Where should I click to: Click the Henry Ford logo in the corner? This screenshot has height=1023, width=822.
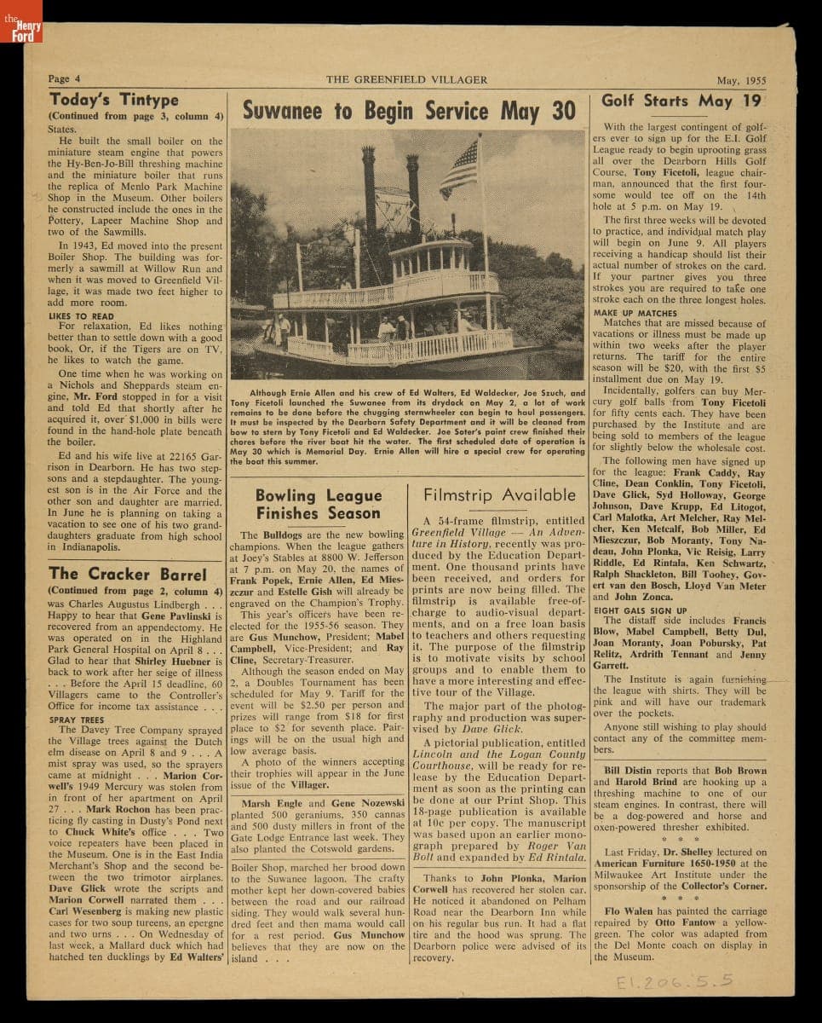coord(21,22)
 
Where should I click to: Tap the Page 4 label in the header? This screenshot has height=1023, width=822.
coord(65,79)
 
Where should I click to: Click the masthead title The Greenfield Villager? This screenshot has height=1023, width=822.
coord(406,79)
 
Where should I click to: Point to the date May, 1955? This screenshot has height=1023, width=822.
coord(740,81)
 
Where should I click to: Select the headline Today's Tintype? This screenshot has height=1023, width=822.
coord(114,99)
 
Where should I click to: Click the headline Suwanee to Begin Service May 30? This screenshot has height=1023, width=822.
coord(409,111)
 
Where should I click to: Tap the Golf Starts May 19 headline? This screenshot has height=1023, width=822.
coord(681,100)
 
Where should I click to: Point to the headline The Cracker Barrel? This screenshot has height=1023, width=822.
coord(128,573)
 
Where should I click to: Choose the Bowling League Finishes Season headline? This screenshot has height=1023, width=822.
coord(319,504)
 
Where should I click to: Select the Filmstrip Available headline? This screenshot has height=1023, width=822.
coord(500,494)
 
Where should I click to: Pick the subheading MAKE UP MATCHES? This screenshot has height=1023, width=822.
coord(635,313)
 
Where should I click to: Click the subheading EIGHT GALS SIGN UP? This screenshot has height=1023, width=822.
coord(640,610)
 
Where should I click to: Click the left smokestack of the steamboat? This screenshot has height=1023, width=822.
coord(369,188)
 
